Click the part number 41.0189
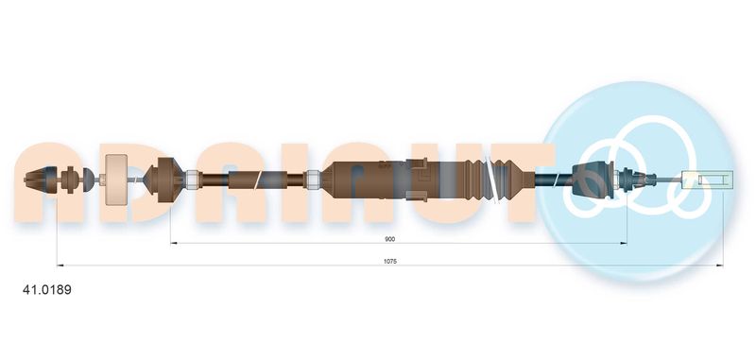(x=46, y=290)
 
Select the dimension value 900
(x=389, y=239)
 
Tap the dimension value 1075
(x=389, y=261)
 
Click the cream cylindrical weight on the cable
(x=116, y=180)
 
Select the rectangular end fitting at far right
(x=708, y=180)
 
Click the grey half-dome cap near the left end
(x=88, y=180)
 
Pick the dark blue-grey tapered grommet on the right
(x=593, y=180)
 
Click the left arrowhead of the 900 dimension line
(x=173, y=244)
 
